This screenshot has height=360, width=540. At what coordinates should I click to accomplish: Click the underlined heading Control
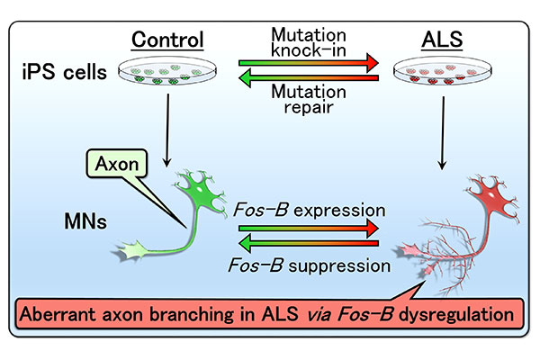(167, 40)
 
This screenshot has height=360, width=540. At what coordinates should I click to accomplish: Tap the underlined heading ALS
(442, 40)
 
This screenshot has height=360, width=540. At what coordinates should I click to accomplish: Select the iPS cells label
(65, 72)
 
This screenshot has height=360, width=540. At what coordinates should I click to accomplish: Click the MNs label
(85, 221)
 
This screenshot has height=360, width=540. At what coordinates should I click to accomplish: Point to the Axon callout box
(117, 163)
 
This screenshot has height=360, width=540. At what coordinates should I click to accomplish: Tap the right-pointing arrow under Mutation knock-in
(309, 63)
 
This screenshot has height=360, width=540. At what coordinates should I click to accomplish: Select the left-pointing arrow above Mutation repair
(309, 78)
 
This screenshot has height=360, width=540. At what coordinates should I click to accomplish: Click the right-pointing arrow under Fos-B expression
(309, 229)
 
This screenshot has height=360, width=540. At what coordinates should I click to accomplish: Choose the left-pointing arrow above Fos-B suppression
(309, 244)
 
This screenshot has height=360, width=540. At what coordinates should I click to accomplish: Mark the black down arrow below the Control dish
(167, 130)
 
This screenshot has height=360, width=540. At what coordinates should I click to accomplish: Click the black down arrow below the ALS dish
(443, 132)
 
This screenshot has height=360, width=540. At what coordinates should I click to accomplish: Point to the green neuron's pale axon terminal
(130, 251)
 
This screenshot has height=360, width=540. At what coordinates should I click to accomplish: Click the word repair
(309, 107)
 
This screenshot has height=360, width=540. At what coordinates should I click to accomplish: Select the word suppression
(339, 266)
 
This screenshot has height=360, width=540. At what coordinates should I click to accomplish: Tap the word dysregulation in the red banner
(456, 314)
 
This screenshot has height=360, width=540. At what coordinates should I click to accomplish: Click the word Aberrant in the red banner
(58, 314)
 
